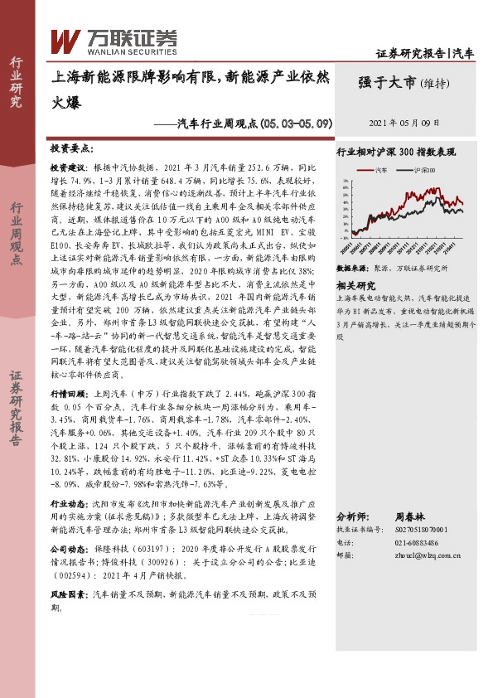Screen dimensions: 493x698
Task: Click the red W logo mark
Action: pyautogui.click(x=65, y=40)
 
